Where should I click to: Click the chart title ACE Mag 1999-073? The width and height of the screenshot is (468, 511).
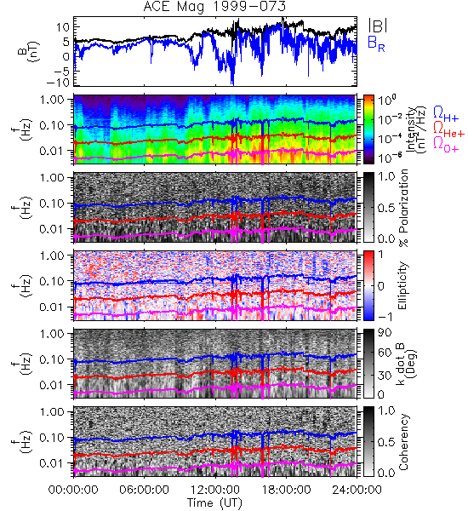point(214,6)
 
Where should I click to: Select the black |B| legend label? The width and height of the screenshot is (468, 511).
point(378,26)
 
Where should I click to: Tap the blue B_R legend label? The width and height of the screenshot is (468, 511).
point(376,43)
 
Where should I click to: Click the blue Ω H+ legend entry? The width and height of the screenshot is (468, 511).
point(446,114)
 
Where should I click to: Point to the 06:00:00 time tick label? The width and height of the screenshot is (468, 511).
point(144,490)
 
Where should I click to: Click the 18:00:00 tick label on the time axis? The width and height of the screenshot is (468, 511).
point(286,490)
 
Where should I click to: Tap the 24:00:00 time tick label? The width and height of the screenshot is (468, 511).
point(357,490)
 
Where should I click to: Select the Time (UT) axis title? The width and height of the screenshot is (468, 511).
point(214,502)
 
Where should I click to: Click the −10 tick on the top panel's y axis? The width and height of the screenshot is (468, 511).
point(59,83)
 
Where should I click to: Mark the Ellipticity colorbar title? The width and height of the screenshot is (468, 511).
point(402,286)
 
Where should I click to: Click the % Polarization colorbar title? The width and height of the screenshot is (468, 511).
point(403,208)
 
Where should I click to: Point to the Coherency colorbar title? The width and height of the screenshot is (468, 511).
point(402,442)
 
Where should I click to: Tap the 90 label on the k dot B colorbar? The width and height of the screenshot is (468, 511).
point(384,333)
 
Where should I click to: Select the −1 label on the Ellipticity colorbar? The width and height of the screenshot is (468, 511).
point(384,317)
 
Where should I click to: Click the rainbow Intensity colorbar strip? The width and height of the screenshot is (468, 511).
point(368,129)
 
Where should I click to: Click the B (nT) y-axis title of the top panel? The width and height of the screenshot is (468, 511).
point(28,51)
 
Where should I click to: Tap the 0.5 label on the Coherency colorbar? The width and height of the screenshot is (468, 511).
point(386,442)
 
